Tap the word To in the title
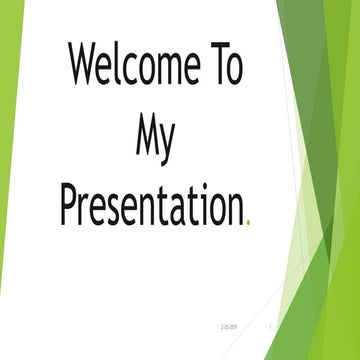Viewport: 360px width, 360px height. pos(223,68)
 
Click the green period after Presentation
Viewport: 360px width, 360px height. pos(247,220)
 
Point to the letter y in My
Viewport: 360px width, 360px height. pos(168,142)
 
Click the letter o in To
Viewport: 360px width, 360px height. pos(234,72)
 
